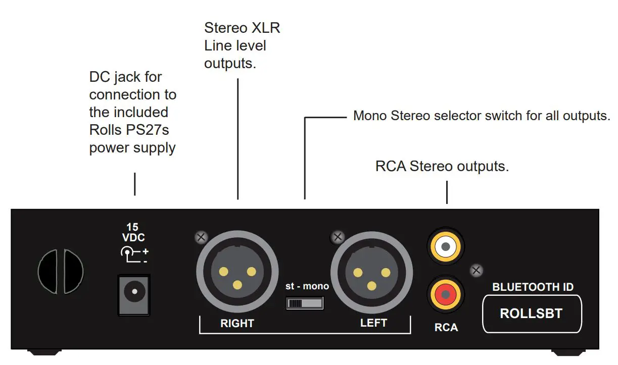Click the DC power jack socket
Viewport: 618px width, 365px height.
tap(133, 292)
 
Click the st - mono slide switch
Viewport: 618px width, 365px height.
tap(305, 303)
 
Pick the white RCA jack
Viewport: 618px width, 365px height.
tap(445, 246)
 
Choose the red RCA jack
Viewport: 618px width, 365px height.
tap(445, 293)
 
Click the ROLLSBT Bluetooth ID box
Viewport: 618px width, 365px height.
tap(531, 314)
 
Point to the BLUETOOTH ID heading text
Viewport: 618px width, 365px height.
tap(533, 287)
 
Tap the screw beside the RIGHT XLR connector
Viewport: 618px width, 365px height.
tap(202, 236)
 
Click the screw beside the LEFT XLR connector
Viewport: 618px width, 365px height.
tap(337, 236)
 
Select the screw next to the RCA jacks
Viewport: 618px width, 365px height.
tap(476, 270)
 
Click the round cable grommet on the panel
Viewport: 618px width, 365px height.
tap(61, 272)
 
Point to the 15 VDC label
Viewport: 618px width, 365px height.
tap(132, 233)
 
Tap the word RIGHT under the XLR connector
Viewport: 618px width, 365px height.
tap(237, 323)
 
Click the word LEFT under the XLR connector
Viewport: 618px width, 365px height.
tap(373, 323)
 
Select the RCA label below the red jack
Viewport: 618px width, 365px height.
tap(446, 328)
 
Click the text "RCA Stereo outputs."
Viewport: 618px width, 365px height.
tap(442, 166)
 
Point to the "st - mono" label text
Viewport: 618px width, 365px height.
tap(307, 286)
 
